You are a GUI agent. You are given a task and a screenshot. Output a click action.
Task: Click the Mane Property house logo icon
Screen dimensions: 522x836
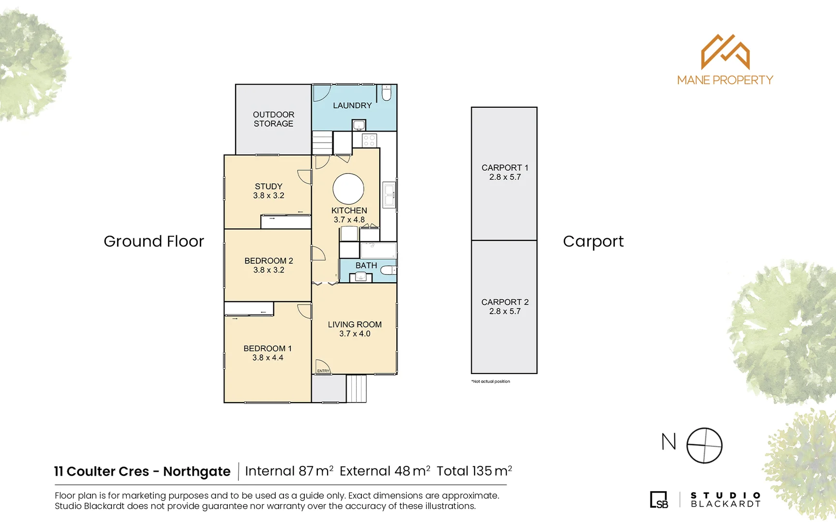725,52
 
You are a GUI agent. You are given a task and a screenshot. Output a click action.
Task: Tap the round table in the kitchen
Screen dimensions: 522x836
348,188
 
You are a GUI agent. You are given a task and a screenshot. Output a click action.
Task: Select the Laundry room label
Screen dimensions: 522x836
352,105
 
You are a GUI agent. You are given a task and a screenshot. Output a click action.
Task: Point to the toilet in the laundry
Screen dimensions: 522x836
387,92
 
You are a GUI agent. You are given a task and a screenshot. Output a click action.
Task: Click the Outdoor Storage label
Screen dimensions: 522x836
273,119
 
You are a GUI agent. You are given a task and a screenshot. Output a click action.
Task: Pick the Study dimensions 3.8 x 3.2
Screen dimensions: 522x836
269,196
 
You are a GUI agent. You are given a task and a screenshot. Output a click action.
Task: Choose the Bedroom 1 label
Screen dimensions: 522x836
268,348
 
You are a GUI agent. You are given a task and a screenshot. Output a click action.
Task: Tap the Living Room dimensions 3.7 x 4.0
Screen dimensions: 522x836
355,334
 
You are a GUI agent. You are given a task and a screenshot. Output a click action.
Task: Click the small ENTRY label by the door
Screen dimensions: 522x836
323,371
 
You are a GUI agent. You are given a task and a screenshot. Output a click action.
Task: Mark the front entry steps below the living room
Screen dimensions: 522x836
357,389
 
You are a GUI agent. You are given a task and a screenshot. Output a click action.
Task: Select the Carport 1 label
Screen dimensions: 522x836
505,168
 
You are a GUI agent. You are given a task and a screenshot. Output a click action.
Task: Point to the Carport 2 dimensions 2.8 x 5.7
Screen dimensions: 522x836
505,312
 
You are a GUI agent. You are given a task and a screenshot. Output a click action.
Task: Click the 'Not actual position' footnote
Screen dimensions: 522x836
491,381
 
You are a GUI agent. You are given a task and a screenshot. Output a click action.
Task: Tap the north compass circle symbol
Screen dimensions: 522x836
704,445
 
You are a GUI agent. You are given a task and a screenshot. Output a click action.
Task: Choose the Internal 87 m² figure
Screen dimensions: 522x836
289,471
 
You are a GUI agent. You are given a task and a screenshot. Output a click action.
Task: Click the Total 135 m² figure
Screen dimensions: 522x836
474,471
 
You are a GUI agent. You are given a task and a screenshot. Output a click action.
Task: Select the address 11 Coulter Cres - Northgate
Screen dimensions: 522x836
142,471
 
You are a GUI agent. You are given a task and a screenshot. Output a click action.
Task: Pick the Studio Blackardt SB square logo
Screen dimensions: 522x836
659,500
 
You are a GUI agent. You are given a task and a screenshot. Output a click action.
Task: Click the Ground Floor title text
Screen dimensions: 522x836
154,241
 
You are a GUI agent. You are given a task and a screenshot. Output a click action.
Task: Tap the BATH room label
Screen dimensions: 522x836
366,265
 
